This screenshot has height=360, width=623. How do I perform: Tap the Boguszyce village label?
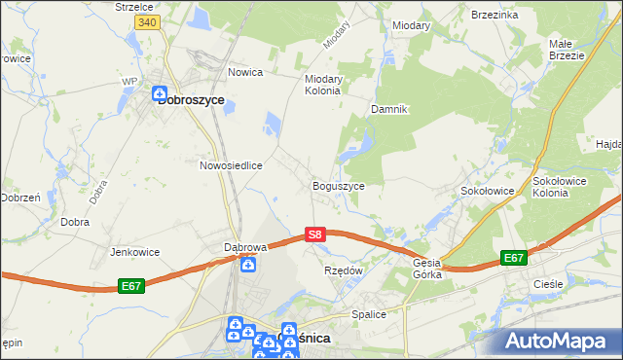pos(338,185)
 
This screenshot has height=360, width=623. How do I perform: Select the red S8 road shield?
pos(313,234)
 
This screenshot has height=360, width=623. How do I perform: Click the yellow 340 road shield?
pos(147,21)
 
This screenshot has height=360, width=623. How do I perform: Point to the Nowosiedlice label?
pos(232,165)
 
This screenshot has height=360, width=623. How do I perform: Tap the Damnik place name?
pos(388,109)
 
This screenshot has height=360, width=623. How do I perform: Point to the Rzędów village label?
pos(343,270)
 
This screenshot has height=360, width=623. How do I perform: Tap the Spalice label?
pos(370,314)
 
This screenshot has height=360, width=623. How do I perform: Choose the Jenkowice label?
pos(134,251)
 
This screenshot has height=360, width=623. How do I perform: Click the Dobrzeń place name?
pos(19,197)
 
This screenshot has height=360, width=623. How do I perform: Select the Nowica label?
pos(246,72)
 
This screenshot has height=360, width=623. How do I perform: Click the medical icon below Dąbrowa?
pos(250,265)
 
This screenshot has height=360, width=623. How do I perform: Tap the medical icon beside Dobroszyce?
pos(159,95)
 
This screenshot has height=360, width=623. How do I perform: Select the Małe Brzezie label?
pos(567,50)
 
